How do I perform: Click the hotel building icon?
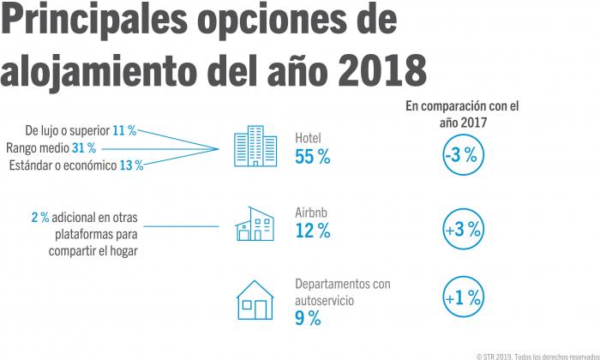(x=255, y=147)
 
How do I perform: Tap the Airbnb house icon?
(x=255, y=224)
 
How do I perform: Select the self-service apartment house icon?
(x=255, y=301)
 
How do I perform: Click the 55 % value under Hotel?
(x=312, y=157)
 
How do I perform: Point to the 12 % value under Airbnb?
(x=312, y=231)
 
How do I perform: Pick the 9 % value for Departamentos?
(x=308, y=319)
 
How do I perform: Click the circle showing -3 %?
(x=463, y=156)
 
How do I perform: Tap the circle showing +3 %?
(x=463, y=230)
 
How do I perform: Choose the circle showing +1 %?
(x=463, y=298)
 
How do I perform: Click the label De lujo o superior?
(x=68, y=131)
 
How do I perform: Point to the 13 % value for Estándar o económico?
(x=132, y=165)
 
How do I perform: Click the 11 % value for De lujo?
(x=125, y=131)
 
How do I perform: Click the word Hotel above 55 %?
(x=308, y=138)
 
